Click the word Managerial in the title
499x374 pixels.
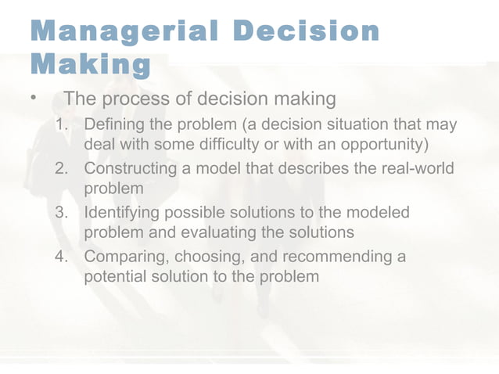[122, 31]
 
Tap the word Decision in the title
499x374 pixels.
[306, 31]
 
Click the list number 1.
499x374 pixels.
[62, 126]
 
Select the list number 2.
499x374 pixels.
[63, 169]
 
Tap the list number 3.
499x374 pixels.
[63, 213]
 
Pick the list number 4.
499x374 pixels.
[63, 257]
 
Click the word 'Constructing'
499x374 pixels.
[132, 169]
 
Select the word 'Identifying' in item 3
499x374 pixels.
[122, 213]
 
